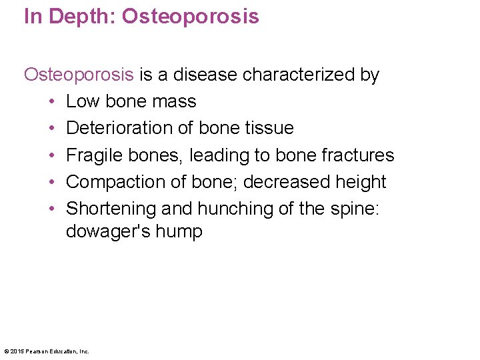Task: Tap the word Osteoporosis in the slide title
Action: (190, 16)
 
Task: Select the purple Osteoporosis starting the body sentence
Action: (79, 75)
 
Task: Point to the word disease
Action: (205, 75)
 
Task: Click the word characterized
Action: (299, 75)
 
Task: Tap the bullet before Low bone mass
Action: (51, 102)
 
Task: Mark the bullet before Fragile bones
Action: (51, 155)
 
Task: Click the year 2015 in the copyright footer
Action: (16, 351)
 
